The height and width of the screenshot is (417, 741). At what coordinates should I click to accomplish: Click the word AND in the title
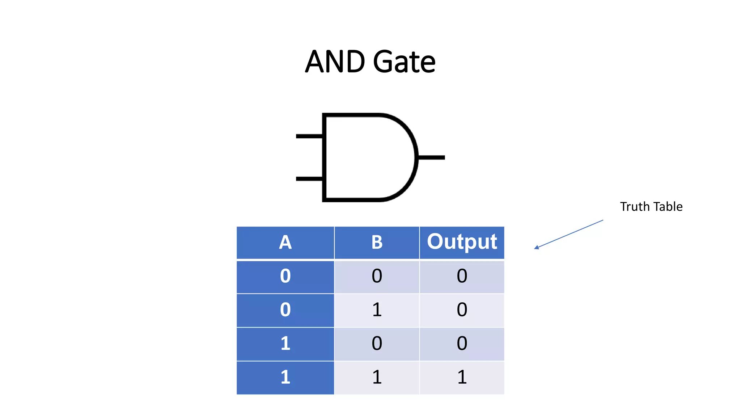pos(335,62)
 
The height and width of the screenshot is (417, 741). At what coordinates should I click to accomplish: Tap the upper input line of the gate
pos(309,136)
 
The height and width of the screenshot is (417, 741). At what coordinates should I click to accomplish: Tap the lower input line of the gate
pos(309,179)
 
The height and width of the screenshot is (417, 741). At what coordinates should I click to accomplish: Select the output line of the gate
pos(431,157)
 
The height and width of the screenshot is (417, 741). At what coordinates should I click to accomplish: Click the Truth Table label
pos(651,207)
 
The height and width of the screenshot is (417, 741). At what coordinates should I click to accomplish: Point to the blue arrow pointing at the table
pos(569,234)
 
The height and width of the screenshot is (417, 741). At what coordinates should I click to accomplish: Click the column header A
pos(285,243)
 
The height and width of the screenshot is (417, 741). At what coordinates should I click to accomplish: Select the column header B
pos(377,243)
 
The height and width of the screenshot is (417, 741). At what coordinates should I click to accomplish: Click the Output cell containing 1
pos(462,377)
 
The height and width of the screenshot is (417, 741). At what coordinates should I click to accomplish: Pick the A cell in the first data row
pos(285,276)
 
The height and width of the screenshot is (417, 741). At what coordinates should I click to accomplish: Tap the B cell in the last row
pos(377,377)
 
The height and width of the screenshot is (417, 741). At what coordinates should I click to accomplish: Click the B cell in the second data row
pos(377,310)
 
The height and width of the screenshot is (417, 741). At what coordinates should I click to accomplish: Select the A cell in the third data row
pos(285,344)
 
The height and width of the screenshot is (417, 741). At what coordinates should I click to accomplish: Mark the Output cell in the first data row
pos(462,276)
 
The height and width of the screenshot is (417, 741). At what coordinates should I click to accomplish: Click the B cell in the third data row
pos(377,344)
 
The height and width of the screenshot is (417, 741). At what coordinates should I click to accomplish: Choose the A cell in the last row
pos(285,377)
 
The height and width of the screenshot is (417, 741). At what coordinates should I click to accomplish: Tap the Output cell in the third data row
pos(462,344)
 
